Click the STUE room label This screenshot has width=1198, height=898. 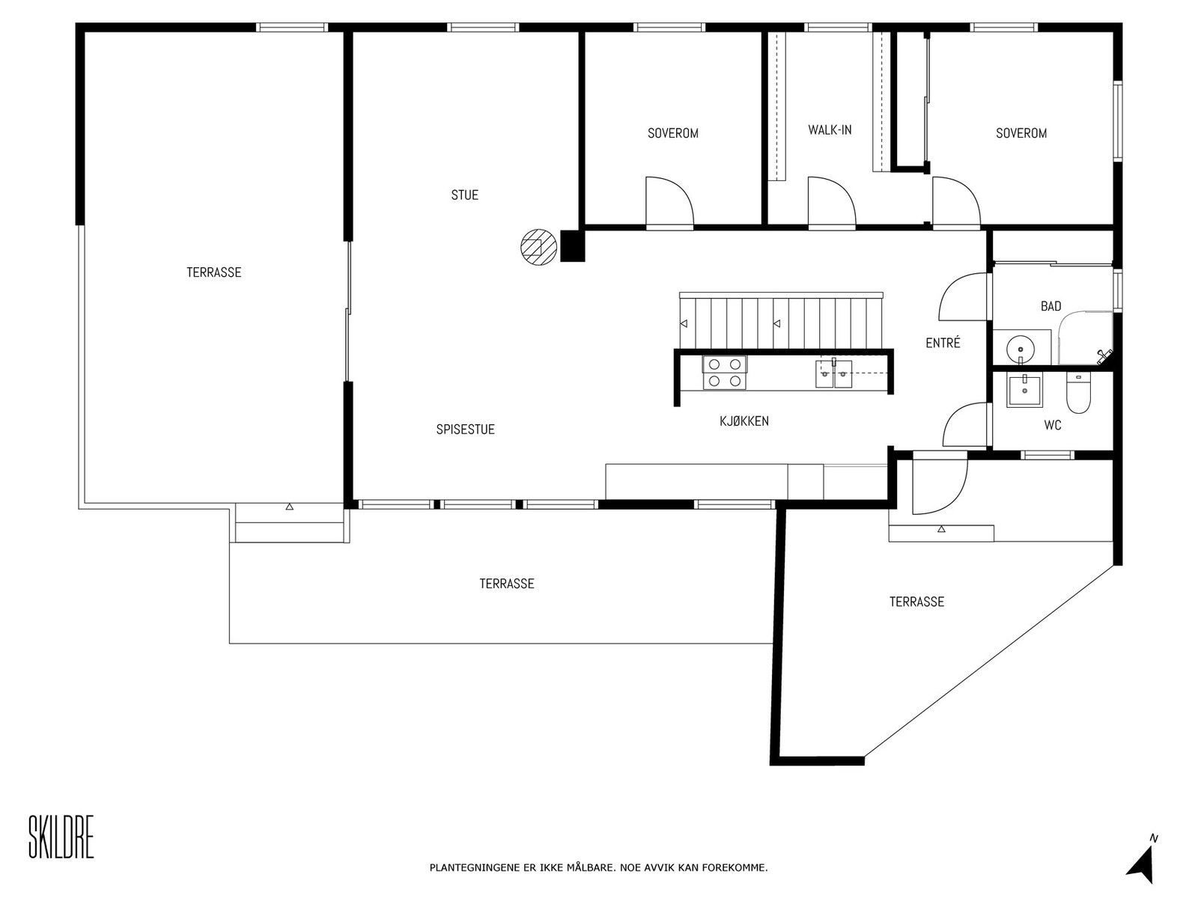pos(464,195)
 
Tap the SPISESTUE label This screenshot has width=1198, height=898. pos(466,430)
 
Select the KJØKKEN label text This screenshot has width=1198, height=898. pos(744,421)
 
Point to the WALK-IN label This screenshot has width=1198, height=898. pos(830,129)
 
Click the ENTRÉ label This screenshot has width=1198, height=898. pos(943,343)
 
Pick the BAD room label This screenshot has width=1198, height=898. pos(1050,306)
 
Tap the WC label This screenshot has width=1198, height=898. pos(1052,425)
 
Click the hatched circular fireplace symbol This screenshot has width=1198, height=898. pos(538,248)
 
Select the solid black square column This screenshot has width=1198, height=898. pos(573,246)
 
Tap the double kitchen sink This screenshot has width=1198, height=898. pos(833,374)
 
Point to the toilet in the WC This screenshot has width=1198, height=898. pos(1078,393)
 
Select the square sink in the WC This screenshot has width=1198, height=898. pos(1024,391)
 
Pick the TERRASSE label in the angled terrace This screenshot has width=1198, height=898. pos(916,602)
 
